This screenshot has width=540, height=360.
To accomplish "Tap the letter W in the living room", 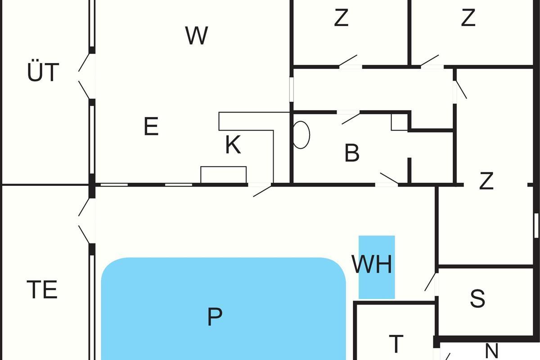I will click(x=197, y=36).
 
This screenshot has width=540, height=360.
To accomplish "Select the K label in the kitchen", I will click(x=233, y=146).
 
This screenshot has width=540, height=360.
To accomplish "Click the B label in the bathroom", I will click(x=352, y=153).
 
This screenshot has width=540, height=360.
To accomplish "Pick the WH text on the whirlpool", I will click(x=372, y=265).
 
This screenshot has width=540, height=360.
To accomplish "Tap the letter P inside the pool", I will click(x=215, y=317).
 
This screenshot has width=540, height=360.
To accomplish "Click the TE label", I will click(x=42, y=290).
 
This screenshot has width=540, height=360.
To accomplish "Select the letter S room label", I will click(x=477, y=298).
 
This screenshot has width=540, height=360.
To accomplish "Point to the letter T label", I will click(x=396, y=344).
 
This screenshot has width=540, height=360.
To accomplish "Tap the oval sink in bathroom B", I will click(x=301, y=134).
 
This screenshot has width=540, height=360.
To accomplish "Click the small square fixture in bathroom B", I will click(x=399, y=122).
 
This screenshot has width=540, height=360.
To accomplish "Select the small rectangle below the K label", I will click(x=223, y=175).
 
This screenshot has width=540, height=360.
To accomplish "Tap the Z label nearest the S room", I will click(x=486, y=181).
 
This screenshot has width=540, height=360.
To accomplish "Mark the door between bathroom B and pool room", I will click(x=388, y=179).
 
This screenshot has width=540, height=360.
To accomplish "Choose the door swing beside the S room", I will click(x=432, y=282).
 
